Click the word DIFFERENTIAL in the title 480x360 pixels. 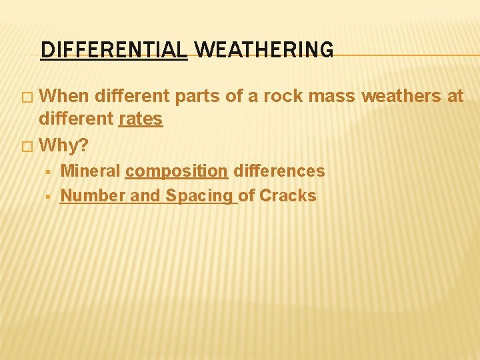(114, 50)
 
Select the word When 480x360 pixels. (65, 97)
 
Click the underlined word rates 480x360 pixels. (140, 119)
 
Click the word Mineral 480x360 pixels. (90, 171)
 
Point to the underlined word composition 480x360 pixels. (177, 171)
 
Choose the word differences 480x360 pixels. (279, 171)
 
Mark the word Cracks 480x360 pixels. (287, 196)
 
